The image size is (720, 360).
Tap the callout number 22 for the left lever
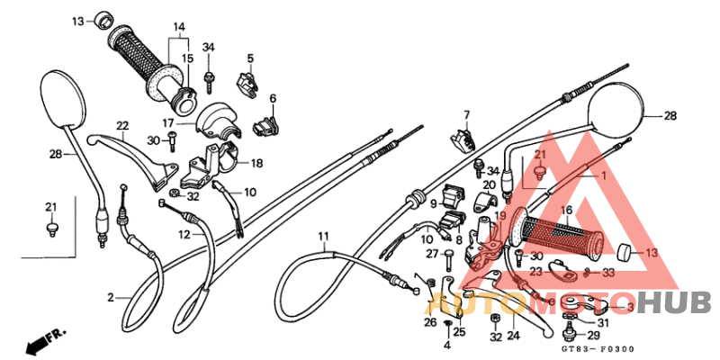(x=122, y=125)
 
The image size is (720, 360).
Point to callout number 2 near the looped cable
(x=111, y=297)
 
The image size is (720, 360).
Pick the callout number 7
(x=467, y=114)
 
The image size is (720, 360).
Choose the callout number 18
(x=256, y=164)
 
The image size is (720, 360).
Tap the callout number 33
(x=609, y=272)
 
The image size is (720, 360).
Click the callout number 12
(x=184, y=235)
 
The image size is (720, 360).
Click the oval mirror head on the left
(x=62, y=100)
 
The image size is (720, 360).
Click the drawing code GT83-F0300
(x=597, y=348)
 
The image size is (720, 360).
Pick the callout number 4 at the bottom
(x=446, y=346)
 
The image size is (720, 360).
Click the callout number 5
(x=249, y=58)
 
